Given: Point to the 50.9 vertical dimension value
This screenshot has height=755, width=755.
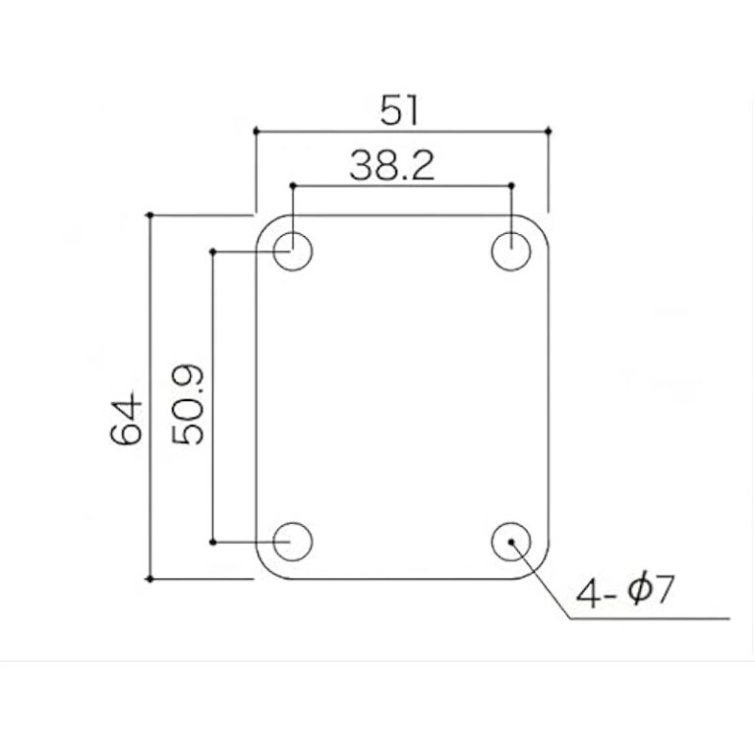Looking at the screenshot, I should click(x=187, y=404).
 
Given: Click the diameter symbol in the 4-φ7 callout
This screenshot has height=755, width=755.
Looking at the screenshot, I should click(x=638, y=592).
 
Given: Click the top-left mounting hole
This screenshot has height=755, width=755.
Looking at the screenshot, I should click(x=292, y=251).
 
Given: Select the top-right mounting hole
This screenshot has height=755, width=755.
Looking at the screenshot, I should click(x=511, y=251).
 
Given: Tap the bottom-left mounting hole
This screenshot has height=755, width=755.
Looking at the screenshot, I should click(x=292, y=541).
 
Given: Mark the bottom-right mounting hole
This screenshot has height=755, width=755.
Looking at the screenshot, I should click(x=511, y=541).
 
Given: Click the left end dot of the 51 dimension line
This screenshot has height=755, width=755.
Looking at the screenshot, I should click(x=256, y=130).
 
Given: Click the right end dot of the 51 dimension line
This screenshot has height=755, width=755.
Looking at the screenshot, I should click(x=548, y=130).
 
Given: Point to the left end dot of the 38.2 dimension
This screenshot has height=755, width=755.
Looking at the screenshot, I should click(x=292, y=185).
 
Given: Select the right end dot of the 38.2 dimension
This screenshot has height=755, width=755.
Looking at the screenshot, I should click(x=511, y=185).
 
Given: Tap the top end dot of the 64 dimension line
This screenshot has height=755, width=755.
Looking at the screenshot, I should click(x=149, y=214).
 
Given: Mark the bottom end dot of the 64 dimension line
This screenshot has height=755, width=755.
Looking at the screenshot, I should click(x=149, y=579).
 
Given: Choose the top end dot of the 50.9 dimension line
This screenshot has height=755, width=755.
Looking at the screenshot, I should click(x=213, y=252).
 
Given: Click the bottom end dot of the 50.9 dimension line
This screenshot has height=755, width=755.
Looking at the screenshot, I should click(x=213, y=542).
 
